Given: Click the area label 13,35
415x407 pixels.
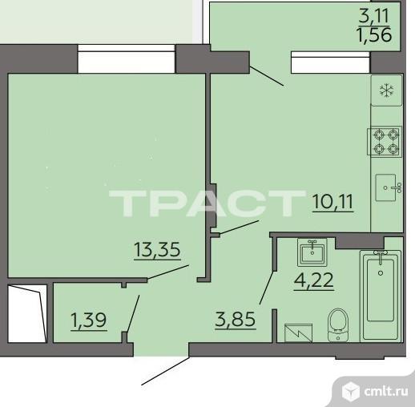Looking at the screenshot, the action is click(157, 250).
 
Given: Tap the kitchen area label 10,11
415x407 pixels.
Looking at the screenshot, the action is click(333, 203).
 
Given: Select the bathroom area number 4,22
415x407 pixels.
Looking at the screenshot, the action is click(314, 280).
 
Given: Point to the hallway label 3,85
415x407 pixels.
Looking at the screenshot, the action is click(236, 320).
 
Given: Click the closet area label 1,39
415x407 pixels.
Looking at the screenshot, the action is click(89, 320).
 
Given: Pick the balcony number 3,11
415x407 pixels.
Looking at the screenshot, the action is click(373, 15).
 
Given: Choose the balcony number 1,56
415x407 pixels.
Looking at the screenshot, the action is click(374, 34).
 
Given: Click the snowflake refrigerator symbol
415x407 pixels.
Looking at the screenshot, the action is click(386, 91).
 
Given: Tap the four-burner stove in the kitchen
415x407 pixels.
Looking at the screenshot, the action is click(385, 142).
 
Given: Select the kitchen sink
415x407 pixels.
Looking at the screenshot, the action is click(388, 187).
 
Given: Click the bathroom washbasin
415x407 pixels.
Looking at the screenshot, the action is click(312, 252).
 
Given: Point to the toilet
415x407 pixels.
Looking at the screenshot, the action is click(338, 325).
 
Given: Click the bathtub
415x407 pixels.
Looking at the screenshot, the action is click(381, 296).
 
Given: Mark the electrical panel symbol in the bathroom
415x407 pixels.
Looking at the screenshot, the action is click(298, 332).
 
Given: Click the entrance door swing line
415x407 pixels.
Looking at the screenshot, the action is click(165, 371).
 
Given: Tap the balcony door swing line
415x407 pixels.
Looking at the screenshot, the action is click(267, 76).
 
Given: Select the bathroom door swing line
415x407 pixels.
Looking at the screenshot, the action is click(267, 288).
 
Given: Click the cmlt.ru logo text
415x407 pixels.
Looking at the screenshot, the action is click(386, 392).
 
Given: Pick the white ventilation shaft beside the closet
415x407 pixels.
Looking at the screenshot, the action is click(27, 313).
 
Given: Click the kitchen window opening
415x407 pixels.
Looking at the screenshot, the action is click(331, 62).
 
